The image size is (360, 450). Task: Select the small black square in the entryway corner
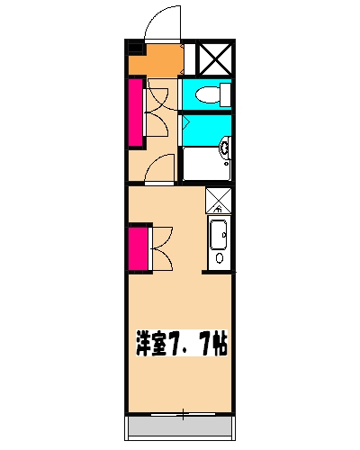[x=135, y=49]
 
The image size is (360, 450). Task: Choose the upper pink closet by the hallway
[x=137, y=112]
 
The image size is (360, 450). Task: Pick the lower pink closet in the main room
[x=138, y=247]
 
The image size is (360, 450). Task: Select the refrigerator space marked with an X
[x=219, y=200]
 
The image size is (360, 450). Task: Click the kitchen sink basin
[x=219, y=235]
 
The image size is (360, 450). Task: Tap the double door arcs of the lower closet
[x=162, y=247]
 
